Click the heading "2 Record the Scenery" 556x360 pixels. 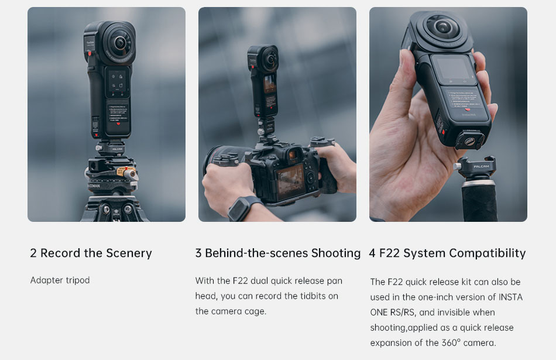coord(91,253)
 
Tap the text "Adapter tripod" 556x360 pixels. coord(60,280)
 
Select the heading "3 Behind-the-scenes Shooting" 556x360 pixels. coord(277,253)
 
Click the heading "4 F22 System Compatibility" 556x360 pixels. coord(447,253)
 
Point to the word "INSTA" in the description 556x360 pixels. coord(510,297)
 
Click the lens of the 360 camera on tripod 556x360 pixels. coord(120,43)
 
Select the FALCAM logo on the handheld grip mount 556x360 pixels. coord(481,166)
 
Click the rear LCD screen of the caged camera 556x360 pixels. coord(290,182)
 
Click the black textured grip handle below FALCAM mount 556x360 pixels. coord(479,201)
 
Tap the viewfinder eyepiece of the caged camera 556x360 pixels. coord(293,155)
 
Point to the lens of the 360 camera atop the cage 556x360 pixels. coord(270,58)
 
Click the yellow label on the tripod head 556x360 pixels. coord(122,172)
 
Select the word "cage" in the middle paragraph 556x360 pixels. coord(255,312)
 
